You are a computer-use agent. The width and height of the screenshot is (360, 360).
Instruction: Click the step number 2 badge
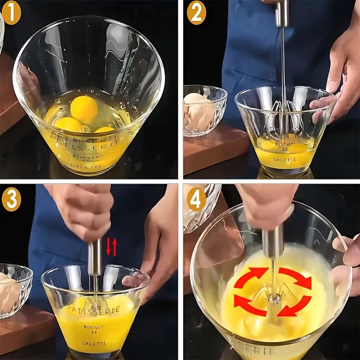[196, 13]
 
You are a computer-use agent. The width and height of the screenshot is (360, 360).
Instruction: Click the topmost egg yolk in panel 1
[84, 109]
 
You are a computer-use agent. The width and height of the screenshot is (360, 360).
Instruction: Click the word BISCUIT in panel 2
[284, 145]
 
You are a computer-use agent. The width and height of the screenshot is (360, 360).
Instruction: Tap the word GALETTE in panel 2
[284, 159]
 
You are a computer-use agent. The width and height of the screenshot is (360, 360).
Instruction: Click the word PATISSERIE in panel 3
[94, 310]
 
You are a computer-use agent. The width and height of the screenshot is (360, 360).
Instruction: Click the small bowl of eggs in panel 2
[203, 110]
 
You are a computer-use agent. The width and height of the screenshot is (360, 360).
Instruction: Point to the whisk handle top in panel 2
[282, 13]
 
